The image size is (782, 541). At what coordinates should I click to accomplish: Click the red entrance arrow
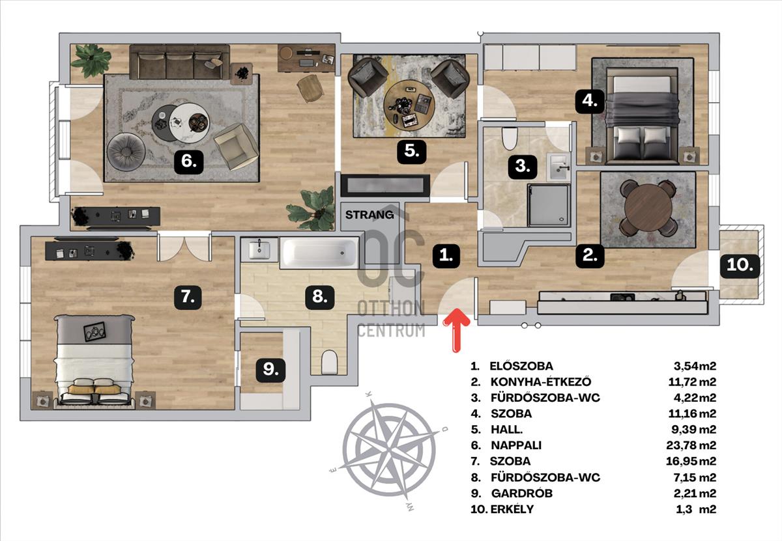[x=456, y=330]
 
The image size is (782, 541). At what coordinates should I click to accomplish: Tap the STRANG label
[x=369, y=215]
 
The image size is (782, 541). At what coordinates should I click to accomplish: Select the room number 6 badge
[x=188, y=161]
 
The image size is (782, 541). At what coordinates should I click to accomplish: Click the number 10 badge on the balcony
[x=740, y=266]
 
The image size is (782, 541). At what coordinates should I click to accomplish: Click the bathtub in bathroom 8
[x=319, y=253]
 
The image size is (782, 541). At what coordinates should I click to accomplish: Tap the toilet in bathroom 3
[x=509, y=139]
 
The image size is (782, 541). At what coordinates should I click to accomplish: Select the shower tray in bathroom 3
[x=549, y=206]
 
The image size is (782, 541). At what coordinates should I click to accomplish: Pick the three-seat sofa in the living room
[x=180, y=62]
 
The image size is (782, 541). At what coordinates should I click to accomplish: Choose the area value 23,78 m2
[x=691, y=445]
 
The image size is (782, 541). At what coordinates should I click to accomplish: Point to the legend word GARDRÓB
[x=521, y=493]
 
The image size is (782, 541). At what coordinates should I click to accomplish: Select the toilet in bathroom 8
[x=329, y=362]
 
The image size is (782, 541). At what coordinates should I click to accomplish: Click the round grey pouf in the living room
[x=126, y=152]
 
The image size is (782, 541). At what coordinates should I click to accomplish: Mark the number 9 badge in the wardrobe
[x=270, y=370]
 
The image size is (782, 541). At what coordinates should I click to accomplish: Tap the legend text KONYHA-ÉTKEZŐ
[x=541, y=382]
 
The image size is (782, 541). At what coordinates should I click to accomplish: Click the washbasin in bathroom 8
[x=259, y=249]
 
